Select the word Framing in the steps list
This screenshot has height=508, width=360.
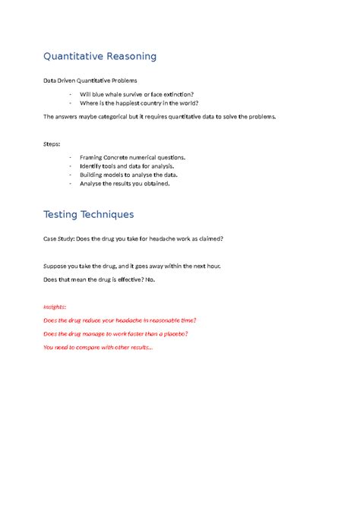tap(93, 157)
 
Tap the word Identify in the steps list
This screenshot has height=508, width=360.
tap(93, 166)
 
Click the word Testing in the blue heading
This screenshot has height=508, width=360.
tap(63, 215)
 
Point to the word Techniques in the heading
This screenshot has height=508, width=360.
tap(110, 215)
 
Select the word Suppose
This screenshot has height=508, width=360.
tap(55, 267)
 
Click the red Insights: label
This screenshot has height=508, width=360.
tap(55, 306)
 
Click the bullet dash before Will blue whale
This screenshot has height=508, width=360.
tap(70, 93)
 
